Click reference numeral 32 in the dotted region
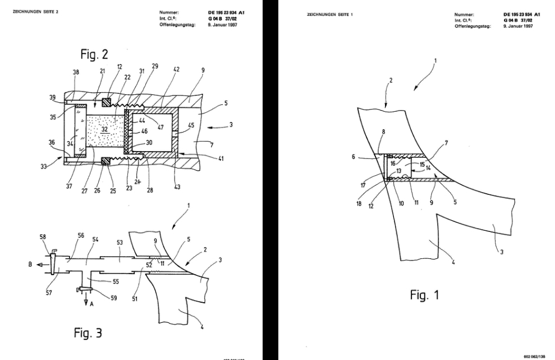pyautogui.click(x=105, y=129)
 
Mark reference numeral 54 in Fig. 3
pyautogui.click(x=95, y=239)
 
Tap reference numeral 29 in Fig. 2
pyautogui.click(x=155, y=66)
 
